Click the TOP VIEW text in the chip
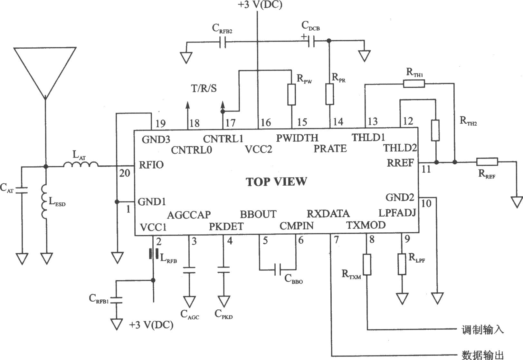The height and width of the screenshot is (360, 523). click(276, 181)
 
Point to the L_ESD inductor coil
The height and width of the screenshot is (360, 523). click(44, 202)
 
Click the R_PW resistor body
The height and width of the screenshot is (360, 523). click(292, 95)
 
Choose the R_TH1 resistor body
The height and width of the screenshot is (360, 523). click(414, 83)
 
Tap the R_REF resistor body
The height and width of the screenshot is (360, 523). click(487, 162)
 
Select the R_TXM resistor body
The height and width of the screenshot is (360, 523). click(367, 265)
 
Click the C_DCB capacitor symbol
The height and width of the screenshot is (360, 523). click(311, 41)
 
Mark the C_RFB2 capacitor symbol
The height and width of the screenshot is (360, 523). click(223, 42)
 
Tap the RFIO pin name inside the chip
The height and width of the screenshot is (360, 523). click(151, 165)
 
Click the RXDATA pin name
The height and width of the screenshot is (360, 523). click(328, 214)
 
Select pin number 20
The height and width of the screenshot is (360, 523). click(125, 173)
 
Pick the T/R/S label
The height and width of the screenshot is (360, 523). click(204, 89)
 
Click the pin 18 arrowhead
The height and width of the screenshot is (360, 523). click(187, 105)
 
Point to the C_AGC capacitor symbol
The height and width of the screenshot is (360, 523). click(189, 270)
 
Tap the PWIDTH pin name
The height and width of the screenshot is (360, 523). click(297, 138)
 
